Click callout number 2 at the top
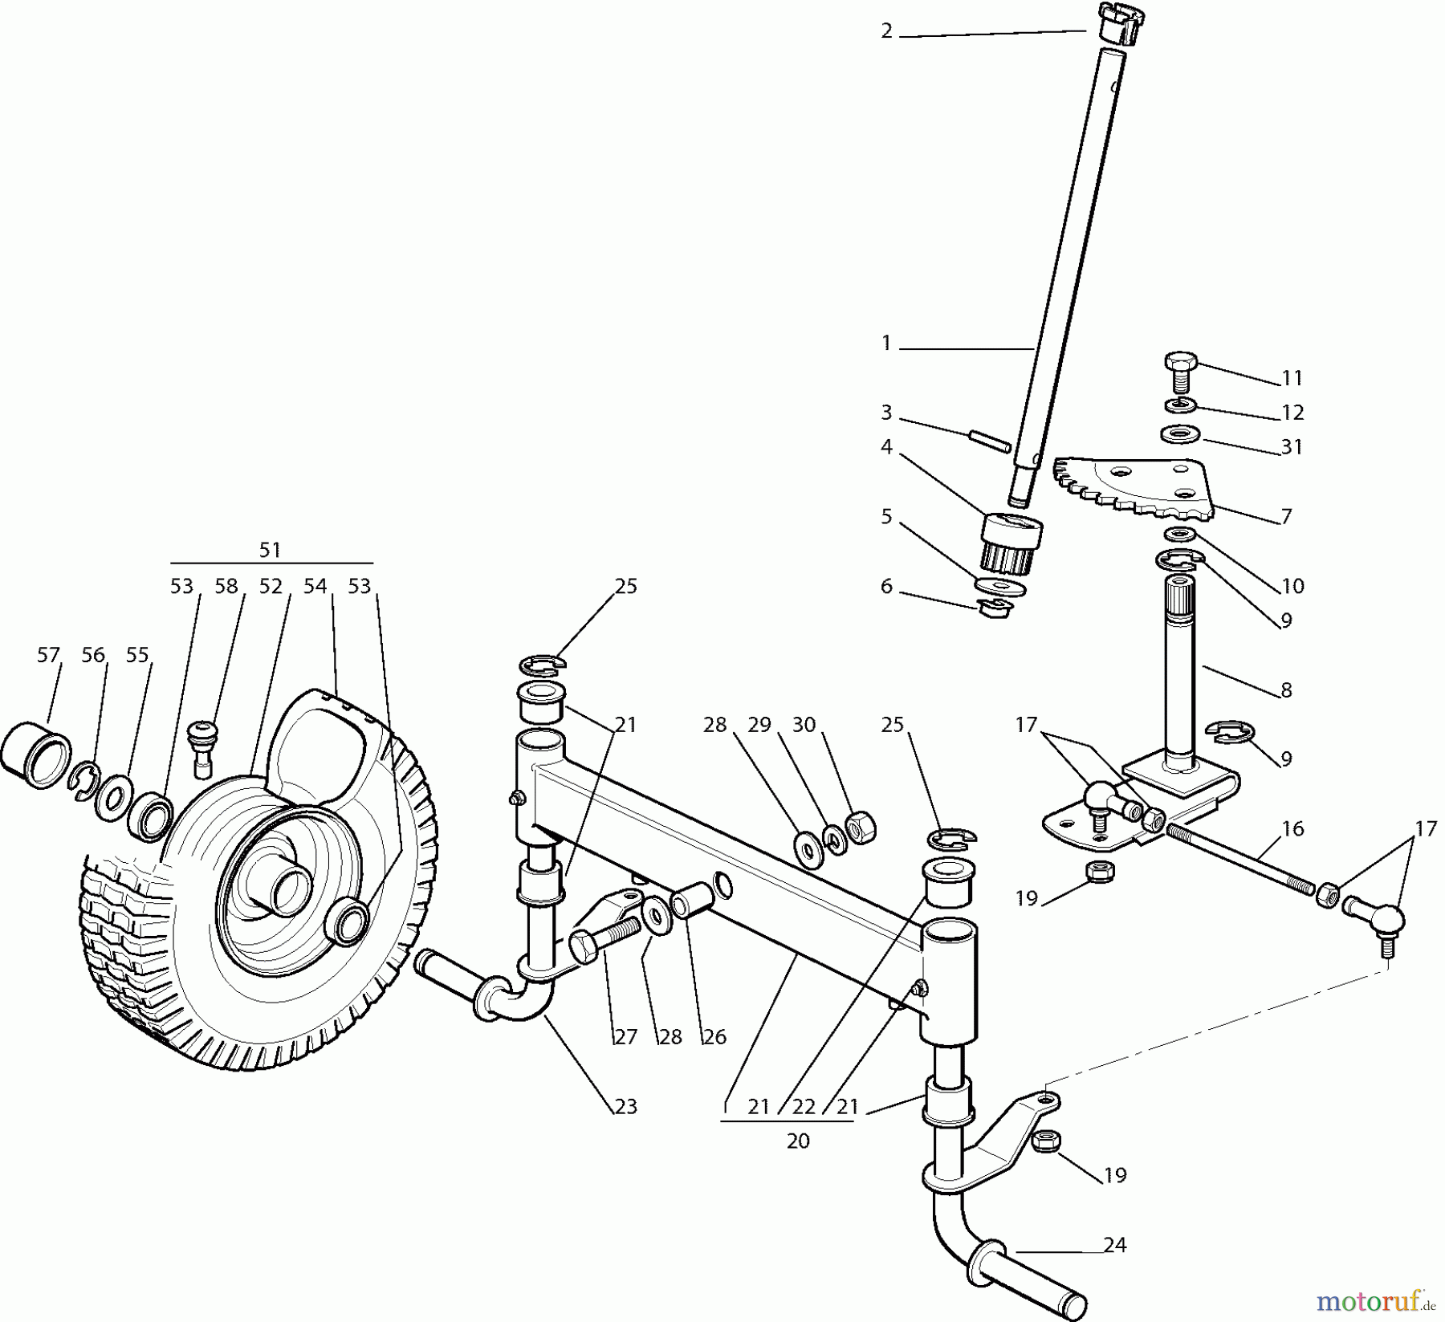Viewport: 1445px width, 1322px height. pyautogui.click(x=886, y=31)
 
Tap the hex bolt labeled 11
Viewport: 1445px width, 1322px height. pyautogui.click(x=1179, y=372)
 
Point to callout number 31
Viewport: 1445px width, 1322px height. pyautogui.click(x=1292, y=447)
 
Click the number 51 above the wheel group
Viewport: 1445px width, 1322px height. pyautogui.click(x=270, y=550)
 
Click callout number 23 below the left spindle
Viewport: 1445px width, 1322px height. pyautogui.click(x=625, y=1106)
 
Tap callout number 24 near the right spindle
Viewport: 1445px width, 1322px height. pyautogui.click(x=1115, y=1245)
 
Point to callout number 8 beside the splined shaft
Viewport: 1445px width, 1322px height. pyautogui.click(x=1286, y=689)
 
